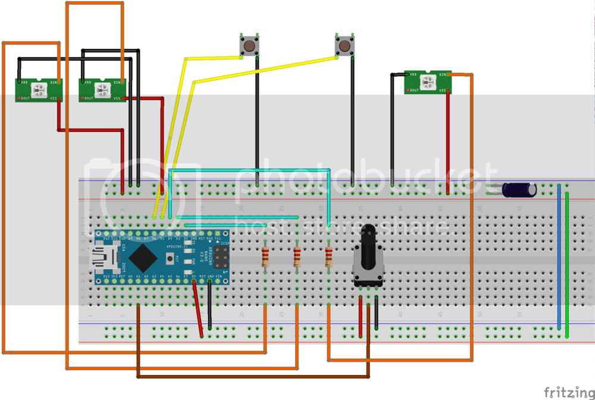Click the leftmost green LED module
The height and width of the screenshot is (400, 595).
click(39, 90)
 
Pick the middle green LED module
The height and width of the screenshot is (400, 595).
click(104, 90)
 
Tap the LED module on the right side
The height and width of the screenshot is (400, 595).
click(428, 82)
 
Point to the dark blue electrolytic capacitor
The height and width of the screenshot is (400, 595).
click(519, 189)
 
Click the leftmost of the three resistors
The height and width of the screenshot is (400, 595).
click(265, 258)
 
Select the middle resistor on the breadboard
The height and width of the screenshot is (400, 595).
click(297, 258)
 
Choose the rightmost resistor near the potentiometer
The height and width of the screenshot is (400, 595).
click(328, 258)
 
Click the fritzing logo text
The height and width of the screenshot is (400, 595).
click(568, 392)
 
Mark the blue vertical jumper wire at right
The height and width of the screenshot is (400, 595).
click(559, 256)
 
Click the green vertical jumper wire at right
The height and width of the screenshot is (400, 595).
click(567, 262)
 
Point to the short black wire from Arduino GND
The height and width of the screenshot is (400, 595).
click(209, 307)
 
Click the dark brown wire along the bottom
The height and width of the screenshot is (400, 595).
click(250, 376)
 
